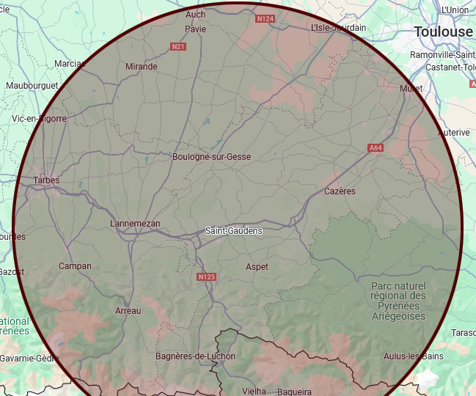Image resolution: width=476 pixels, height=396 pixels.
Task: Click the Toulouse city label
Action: click(x=443, y=32)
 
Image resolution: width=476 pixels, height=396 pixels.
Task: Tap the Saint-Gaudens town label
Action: click(x=233, y=230)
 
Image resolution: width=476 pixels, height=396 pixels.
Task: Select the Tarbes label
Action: click(x=46, y=180)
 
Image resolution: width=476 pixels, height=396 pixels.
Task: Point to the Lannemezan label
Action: click(x=134, y=224)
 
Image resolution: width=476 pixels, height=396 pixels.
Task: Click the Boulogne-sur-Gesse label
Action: click(x=211, y=157)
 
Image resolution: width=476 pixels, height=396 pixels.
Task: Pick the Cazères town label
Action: click(x=340, y=191)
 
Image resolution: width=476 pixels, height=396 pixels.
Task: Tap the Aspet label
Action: click(x=257, y=267)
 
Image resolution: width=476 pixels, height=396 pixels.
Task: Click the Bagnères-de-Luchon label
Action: click(x=196, y=356)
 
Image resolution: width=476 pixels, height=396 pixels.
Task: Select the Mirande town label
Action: click(x=142, y=67)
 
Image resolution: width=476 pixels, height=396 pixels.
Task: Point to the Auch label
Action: click(x=196, y=15)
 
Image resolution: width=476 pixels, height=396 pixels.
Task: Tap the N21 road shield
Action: click(x=177, y=47)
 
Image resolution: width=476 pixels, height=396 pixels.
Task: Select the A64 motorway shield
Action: click(x=376, y=148)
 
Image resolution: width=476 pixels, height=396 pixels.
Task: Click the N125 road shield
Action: click(x=207, y=277)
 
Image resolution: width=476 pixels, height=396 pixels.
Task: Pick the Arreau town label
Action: click(x=128, y=311)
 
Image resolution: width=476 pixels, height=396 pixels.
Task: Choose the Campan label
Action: click(x=75, y=266)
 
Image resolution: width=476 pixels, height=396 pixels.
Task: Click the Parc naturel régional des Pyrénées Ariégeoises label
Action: click(x=398, y=301)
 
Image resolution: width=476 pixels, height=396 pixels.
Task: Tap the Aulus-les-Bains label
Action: click(x=413, y=356)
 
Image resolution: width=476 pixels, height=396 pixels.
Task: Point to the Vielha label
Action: click(x=255, y=392)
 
